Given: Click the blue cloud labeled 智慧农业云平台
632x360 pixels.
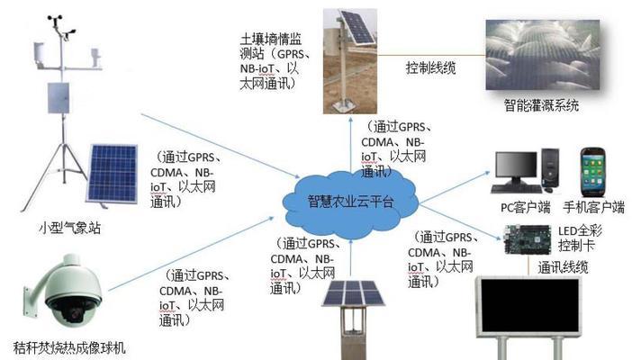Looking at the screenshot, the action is tap(350, 201).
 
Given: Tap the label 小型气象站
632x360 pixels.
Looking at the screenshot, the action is tap(69, 228).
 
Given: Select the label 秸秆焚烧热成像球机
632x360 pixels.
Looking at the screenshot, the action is tap(69, 347).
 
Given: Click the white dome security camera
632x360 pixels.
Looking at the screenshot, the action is tap(68, 291).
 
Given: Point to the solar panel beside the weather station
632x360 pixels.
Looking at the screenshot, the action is tap(112, 175).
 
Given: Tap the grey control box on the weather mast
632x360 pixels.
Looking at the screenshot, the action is tap(59, 97).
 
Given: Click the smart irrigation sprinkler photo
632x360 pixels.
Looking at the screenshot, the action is tap(543, 55).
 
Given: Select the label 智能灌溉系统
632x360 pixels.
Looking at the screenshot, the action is tap(541, 105).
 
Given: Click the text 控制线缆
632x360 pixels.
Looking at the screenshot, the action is tap(430, 67).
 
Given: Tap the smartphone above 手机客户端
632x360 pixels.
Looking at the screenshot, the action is tap(592, 172).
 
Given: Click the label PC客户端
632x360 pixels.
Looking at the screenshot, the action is tap(526, 208).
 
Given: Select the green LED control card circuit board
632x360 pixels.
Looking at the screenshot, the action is tap(528, 239).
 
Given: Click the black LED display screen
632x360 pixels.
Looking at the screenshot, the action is tap(530, 305).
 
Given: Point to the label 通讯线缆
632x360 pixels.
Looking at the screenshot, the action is tap(563, 267).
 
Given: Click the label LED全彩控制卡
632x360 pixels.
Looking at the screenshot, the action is tap(580, 238).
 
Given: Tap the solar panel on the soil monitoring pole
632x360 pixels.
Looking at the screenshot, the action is tap(357, 27).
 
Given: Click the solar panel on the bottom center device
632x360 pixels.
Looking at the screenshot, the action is tap(353, 292).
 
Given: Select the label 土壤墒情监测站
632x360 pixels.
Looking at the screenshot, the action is tap(270, 47).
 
